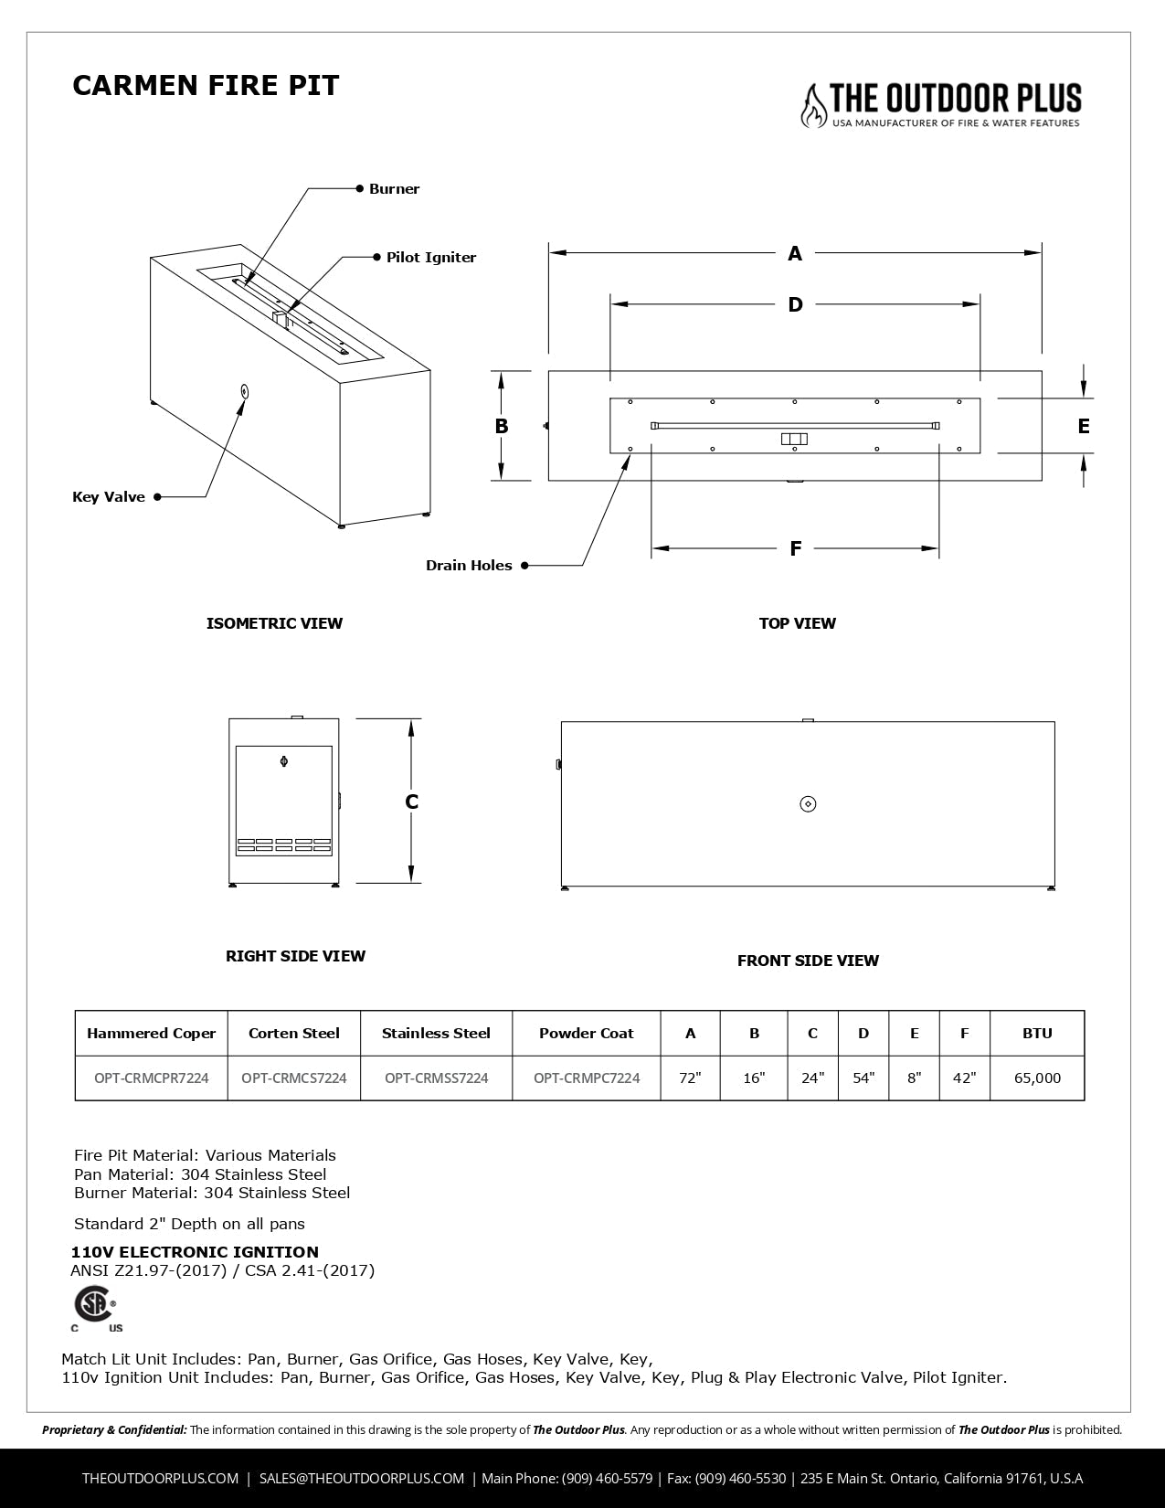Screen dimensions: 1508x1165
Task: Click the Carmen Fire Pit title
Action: (206, 85)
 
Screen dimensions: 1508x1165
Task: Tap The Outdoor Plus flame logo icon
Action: (811, 105)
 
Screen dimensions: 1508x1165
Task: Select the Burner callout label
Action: (394, 189)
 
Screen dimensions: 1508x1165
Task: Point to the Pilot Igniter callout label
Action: (430, 258)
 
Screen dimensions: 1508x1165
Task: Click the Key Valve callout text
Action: (109, 497)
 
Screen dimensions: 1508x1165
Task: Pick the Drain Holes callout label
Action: (469, 566)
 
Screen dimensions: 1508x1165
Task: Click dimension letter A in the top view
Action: (795, 253)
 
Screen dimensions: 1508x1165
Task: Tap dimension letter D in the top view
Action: (795, 304)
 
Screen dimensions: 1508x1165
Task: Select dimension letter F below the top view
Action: (795, 548)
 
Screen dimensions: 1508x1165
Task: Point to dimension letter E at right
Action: (1084, 426)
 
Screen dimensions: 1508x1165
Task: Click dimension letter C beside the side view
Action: (412, 802)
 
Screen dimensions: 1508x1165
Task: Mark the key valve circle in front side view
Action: (808, 803)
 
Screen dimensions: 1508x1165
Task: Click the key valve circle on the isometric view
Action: (244, 391)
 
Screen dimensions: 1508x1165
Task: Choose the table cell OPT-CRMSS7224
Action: (436, 1078)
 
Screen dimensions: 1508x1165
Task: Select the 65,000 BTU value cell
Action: (1037, 1078)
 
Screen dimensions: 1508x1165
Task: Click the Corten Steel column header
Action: (293, 1034)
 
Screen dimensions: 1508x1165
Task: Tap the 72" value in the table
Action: (690, 1078)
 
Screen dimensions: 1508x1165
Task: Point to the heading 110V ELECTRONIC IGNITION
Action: (195, 1252)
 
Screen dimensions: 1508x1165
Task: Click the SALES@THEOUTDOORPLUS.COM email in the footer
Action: (362, 1478)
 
